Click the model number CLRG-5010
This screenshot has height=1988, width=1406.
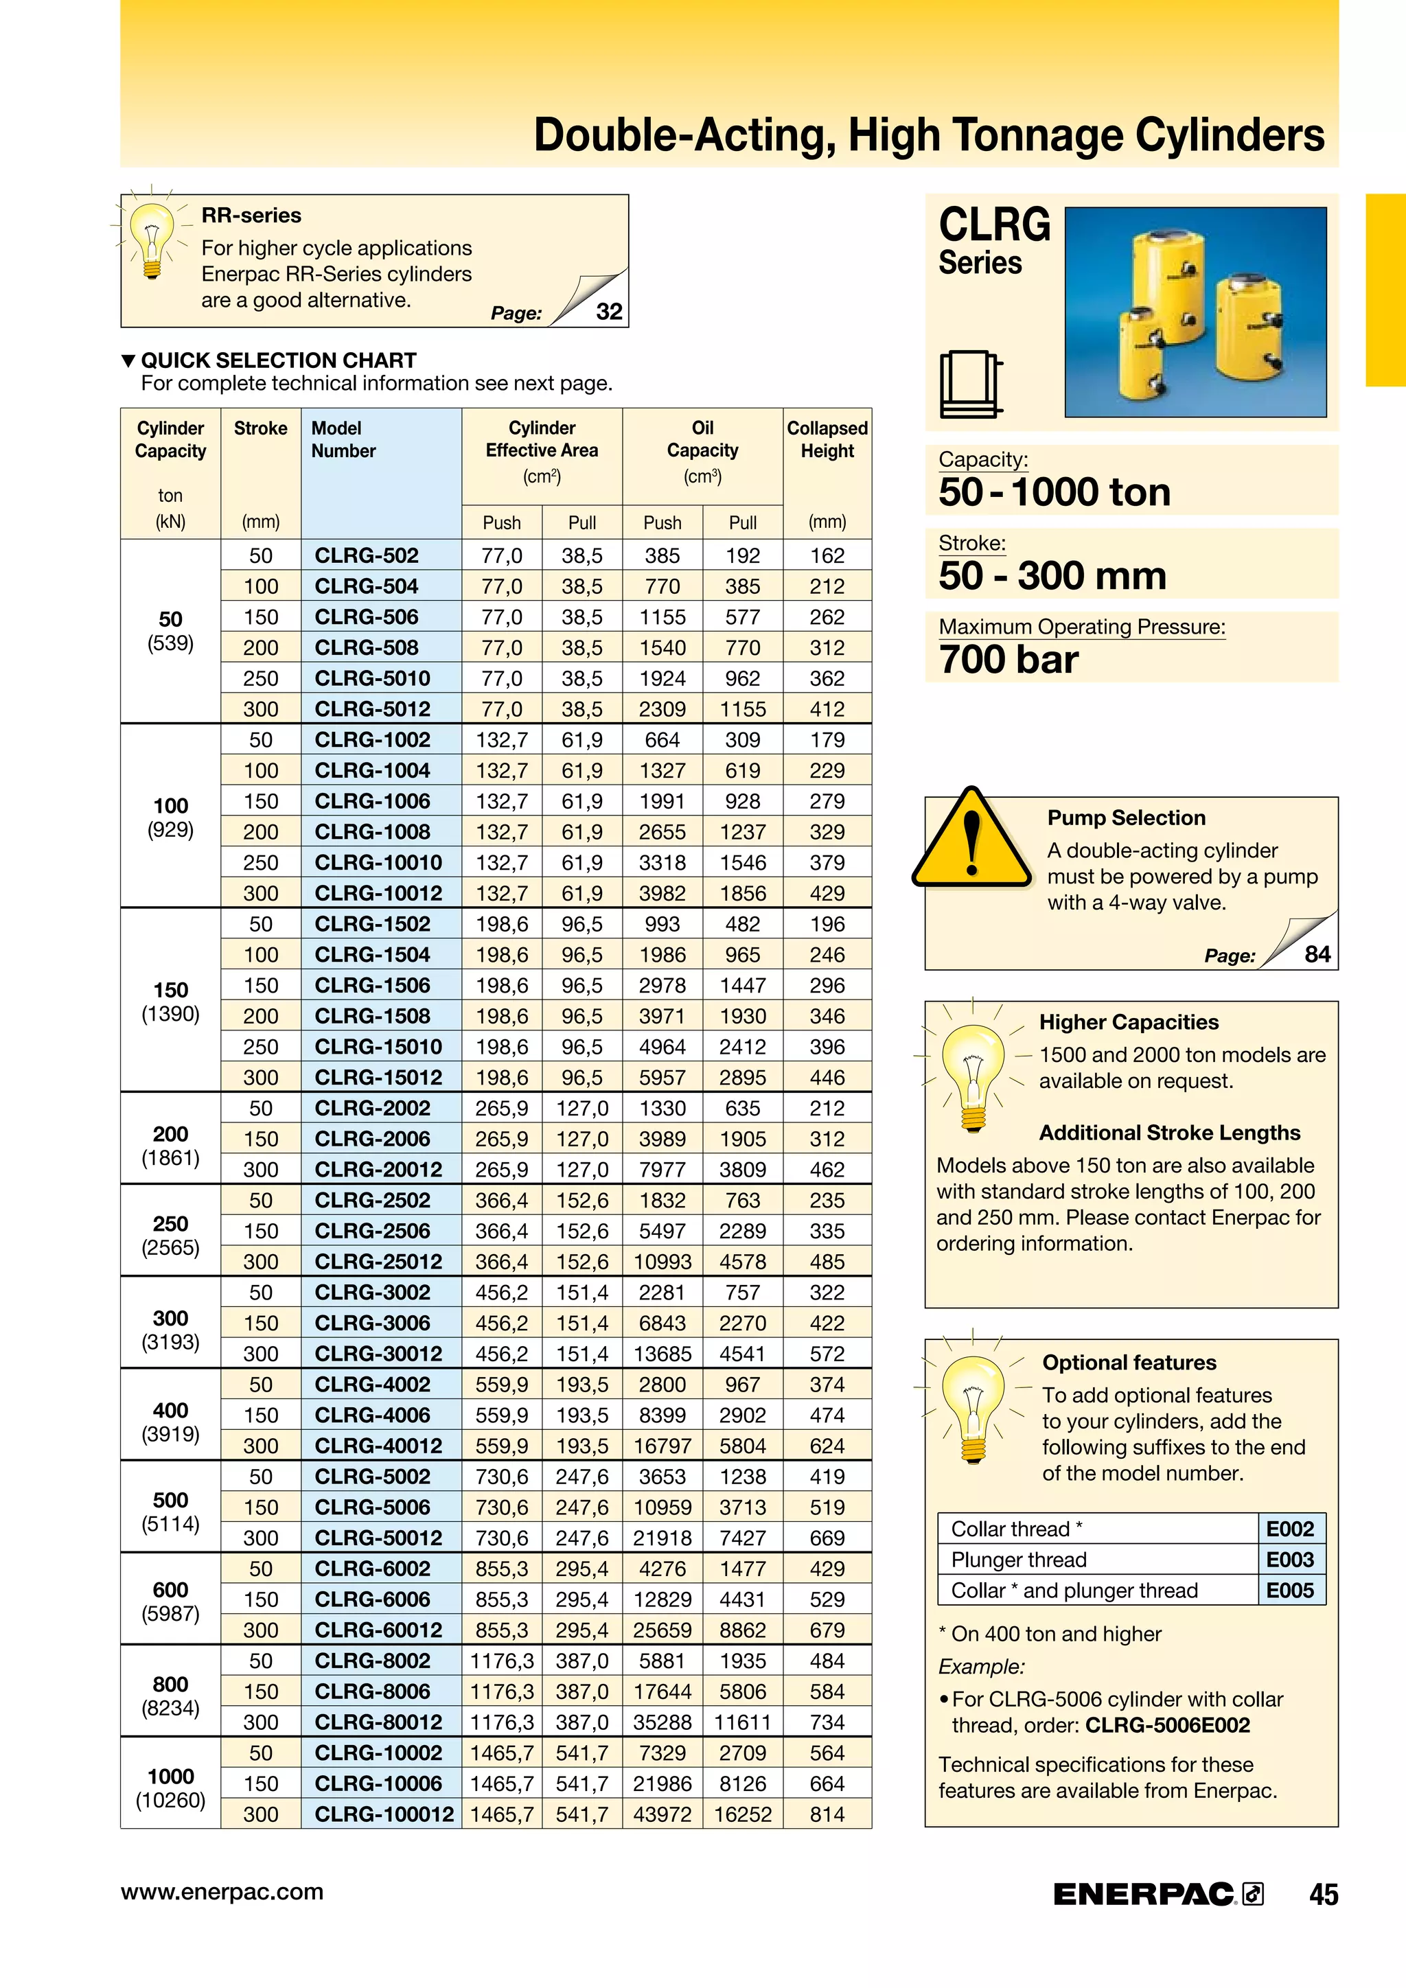pyautogui.click(x=372, y=678)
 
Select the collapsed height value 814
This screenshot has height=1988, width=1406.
pyautogui.click(x=827, y=1814)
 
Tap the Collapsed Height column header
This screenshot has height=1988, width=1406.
pyautogui.click(x=827, y=440)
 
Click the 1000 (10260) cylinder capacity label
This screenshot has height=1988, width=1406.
pyautogui.click(x=170, y=1788)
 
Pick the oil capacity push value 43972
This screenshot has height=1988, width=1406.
pyautogui.click(x=662, y=1814)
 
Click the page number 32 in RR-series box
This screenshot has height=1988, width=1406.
pyautogui.click(x=609, y=312)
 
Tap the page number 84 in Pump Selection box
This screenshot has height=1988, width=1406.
pyautogui.click(x=1317, y=954)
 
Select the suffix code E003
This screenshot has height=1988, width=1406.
pyautogui.click(x=1290, y=1560)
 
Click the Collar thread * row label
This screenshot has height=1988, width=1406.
pyautogui.click(x=1017, y=1529)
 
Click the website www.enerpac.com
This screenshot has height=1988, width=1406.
pyautogui.click(x=222, y=1892)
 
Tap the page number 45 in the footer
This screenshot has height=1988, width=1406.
pyautogui.click(x=1323, y=1895)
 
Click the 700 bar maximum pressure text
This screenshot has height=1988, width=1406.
pyautogui.click(x=1009, y=660)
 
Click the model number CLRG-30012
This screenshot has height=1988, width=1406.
pyautogui.click(x=378, y=1353)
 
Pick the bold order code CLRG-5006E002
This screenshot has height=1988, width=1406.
pyautogui.click(x=1167, y=1725)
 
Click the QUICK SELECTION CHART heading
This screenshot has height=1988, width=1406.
pyautogui.click(x=278, y=360)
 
